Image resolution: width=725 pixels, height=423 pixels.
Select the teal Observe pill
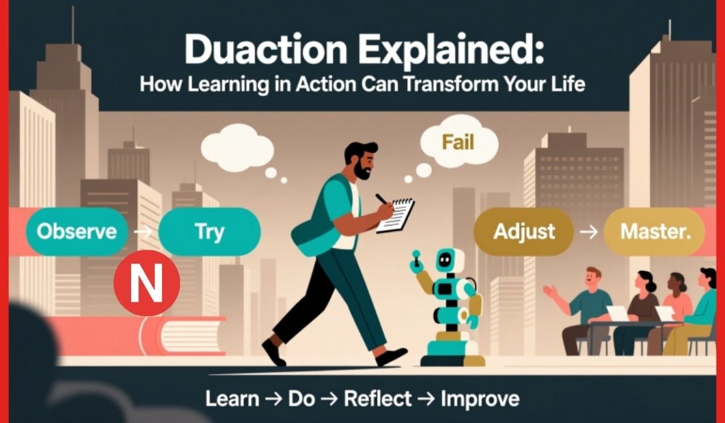76,231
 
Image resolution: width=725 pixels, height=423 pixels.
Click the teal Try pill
209,231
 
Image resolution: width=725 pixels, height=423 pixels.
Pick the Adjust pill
524,231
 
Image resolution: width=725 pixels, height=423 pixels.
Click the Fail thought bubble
458,144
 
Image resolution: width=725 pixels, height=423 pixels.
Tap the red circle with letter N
147,283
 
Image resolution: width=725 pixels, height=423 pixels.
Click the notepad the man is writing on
396,215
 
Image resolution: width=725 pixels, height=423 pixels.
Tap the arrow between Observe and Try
143,231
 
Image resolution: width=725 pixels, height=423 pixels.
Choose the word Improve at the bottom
480,399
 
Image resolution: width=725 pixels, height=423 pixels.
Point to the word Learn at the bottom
232,399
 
